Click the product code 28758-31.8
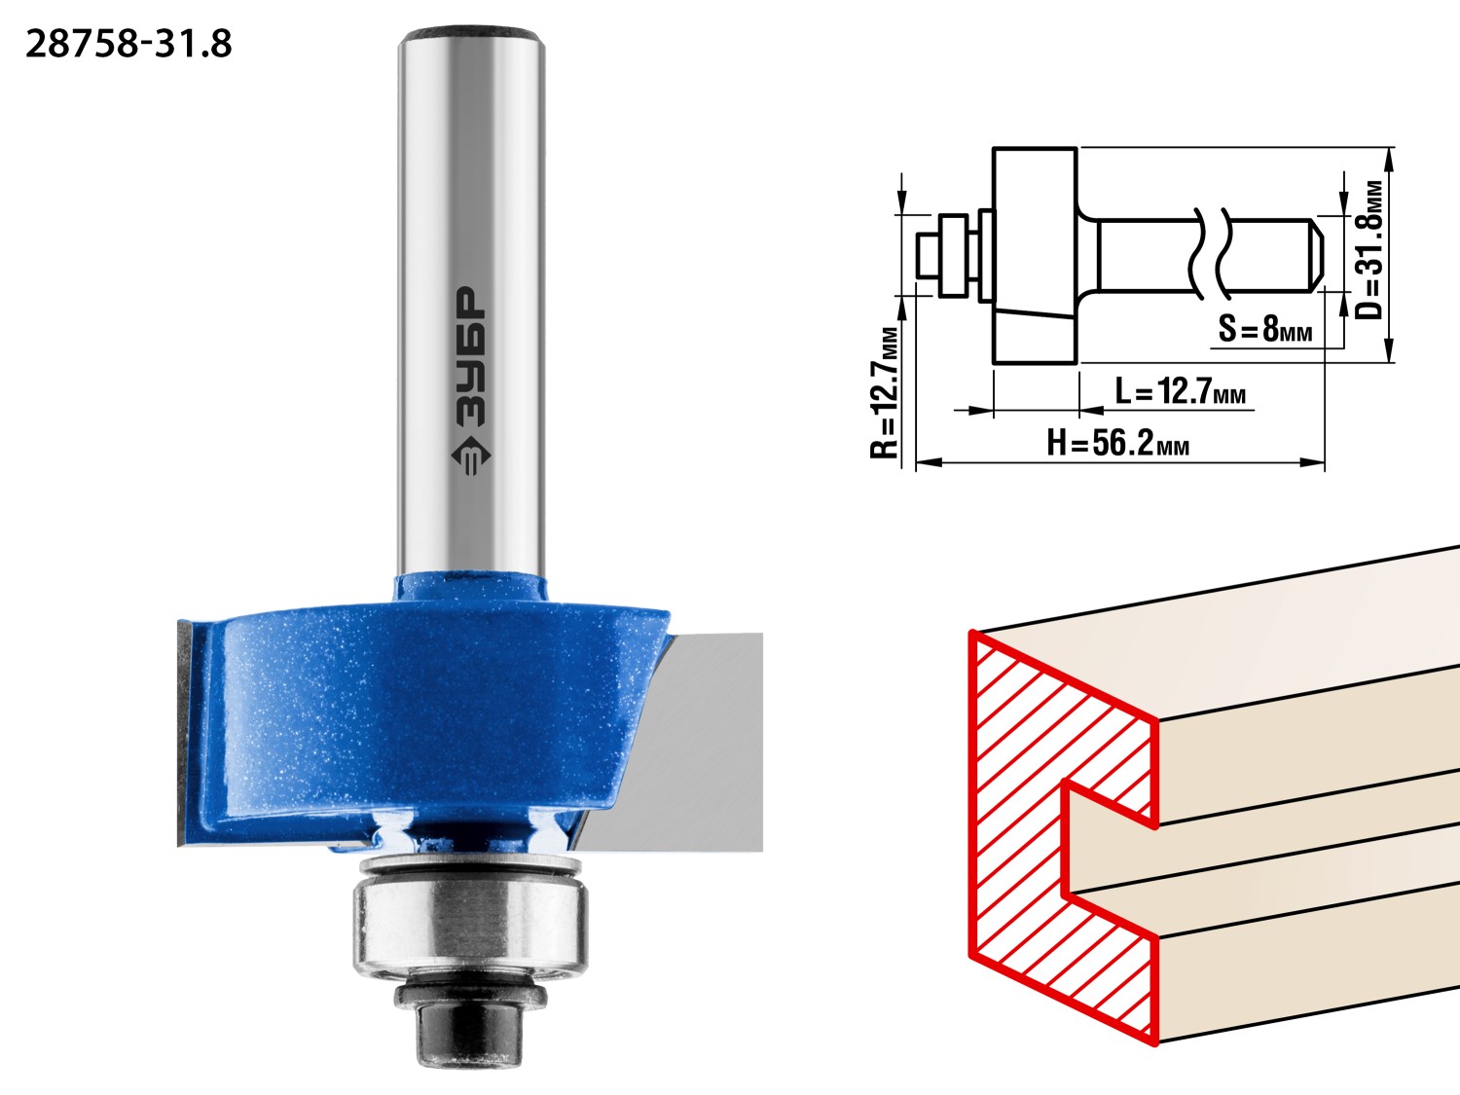coord(128,45)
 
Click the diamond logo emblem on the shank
coord(471,456)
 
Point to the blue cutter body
coord(425,712)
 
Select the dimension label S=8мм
coord(1265,328)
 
